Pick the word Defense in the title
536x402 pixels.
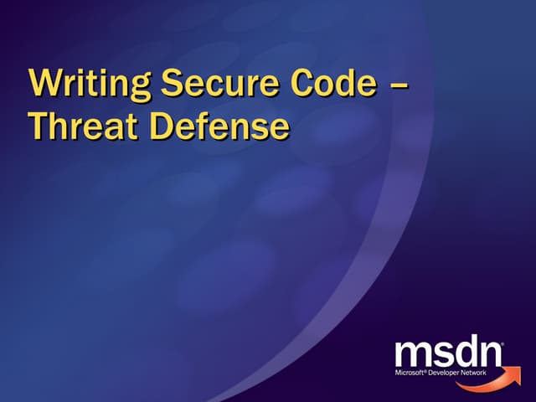(219, 127)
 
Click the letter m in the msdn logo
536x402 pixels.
(414, 353)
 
